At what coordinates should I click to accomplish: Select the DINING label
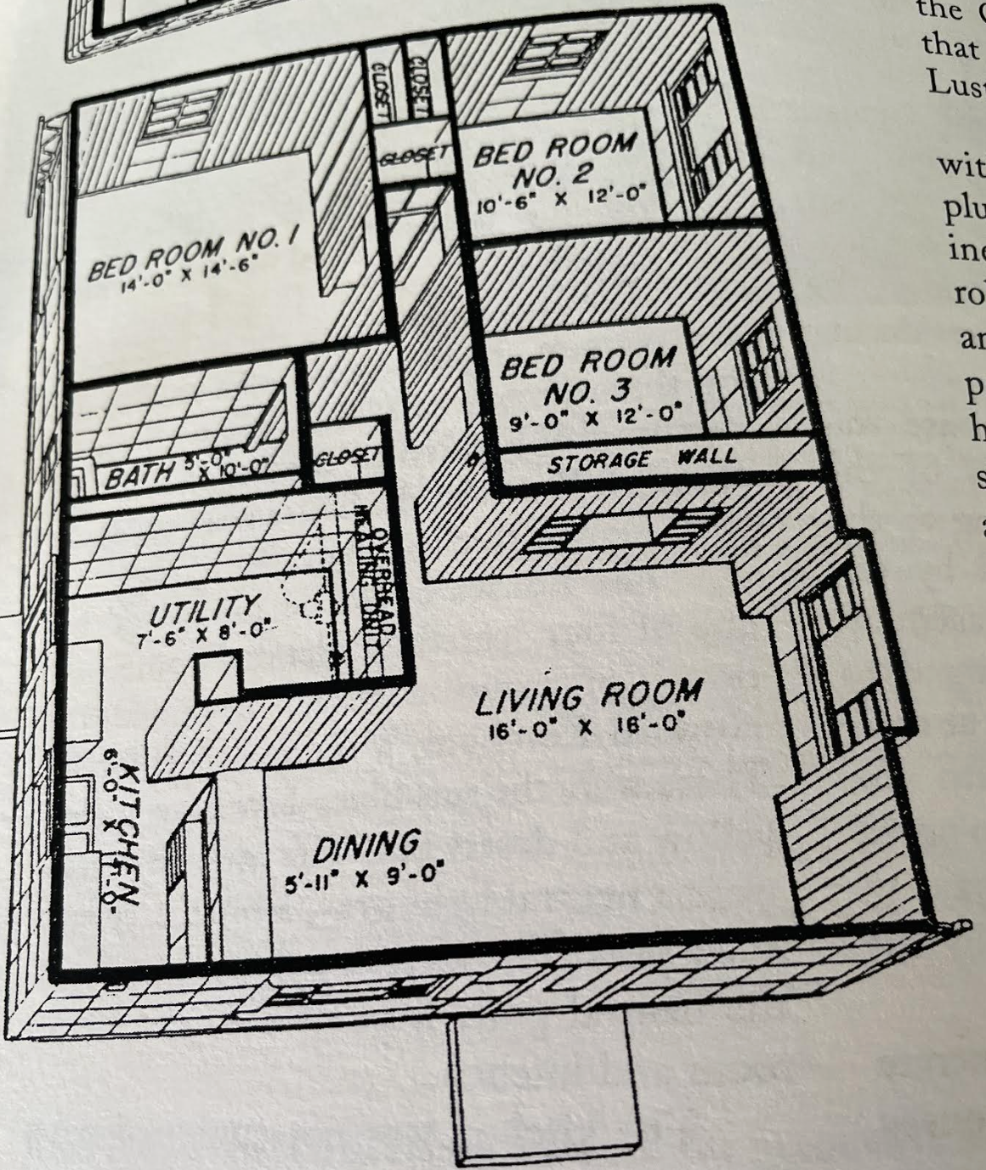367,847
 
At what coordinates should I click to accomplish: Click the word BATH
140,475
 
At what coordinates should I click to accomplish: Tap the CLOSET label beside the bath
345,457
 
